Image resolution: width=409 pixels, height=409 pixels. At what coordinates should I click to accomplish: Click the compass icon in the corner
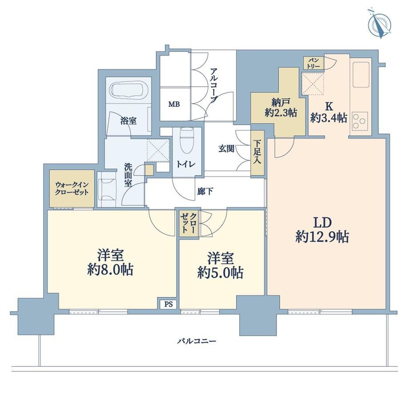[x=380, y=24]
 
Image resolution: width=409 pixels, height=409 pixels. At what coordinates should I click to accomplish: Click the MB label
[x=174, y=104]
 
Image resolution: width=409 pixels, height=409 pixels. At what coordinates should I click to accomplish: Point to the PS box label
[x=168, y=304]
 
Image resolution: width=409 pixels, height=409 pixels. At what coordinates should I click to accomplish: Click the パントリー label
[x=314, y=63]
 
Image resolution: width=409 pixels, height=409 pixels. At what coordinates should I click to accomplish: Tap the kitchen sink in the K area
[x=361, y=75]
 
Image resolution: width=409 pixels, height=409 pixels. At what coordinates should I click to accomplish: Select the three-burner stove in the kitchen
[x=360, y=121]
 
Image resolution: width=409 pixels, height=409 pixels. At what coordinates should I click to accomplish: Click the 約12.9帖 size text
[x=322, y=237]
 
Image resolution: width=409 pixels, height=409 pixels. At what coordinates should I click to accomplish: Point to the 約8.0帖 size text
[x=110, y=270]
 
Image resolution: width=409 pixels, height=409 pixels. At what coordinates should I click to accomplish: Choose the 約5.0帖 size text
[x=221, y=273]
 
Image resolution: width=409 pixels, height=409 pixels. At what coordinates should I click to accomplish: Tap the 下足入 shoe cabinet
[x=257, y=153]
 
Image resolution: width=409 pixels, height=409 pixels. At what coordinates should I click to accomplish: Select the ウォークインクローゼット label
[x=72, y=188]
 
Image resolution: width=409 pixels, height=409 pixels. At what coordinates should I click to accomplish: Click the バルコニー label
[x=197, y=341]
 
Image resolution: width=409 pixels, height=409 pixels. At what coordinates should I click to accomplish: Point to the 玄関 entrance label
[x=226, y=149]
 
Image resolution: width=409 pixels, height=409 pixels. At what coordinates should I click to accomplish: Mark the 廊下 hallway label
[x=205, y=192]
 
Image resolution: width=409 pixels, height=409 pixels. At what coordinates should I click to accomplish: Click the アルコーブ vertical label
[x=214, y=85]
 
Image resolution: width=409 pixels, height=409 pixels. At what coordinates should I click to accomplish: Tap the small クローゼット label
[x=189, y=222]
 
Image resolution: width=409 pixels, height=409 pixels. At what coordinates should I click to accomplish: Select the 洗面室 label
[x=128, y=175]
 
